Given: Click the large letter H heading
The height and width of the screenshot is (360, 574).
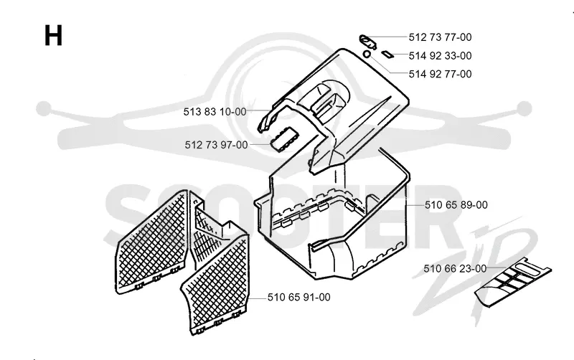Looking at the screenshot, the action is (53, 35).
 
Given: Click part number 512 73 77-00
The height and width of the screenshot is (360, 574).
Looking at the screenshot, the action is (440, 37).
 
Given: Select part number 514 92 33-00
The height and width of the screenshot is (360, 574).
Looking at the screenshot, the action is (440, 56).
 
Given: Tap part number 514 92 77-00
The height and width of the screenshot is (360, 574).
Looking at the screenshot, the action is (440, 74).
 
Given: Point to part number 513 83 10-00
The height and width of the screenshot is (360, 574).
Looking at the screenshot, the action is (215, 112).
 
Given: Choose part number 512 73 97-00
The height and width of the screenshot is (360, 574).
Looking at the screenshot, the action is (216, 145).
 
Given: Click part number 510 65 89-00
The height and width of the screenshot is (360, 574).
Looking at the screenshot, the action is (456, 205).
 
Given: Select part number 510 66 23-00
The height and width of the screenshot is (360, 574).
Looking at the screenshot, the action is (455, 268).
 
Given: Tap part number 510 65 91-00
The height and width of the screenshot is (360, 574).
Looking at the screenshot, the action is (298, 297).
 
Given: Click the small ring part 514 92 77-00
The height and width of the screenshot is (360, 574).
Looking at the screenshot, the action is (367, 55).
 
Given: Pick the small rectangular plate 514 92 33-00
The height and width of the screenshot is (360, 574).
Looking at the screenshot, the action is (387, 55).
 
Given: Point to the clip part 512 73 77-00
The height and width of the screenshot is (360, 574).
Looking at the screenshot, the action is (367, 41).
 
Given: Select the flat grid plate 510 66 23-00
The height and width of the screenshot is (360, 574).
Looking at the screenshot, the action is (513, 282).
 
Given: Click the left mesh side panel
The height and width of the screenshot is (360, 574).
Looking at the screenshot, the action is (151, 242).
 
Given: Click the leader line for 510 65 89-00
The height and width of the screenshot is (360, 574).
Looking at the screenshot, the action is (415, 205).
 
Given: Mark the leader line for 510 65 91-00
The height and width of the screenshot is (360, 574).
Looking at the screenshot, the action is (258, 298).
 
